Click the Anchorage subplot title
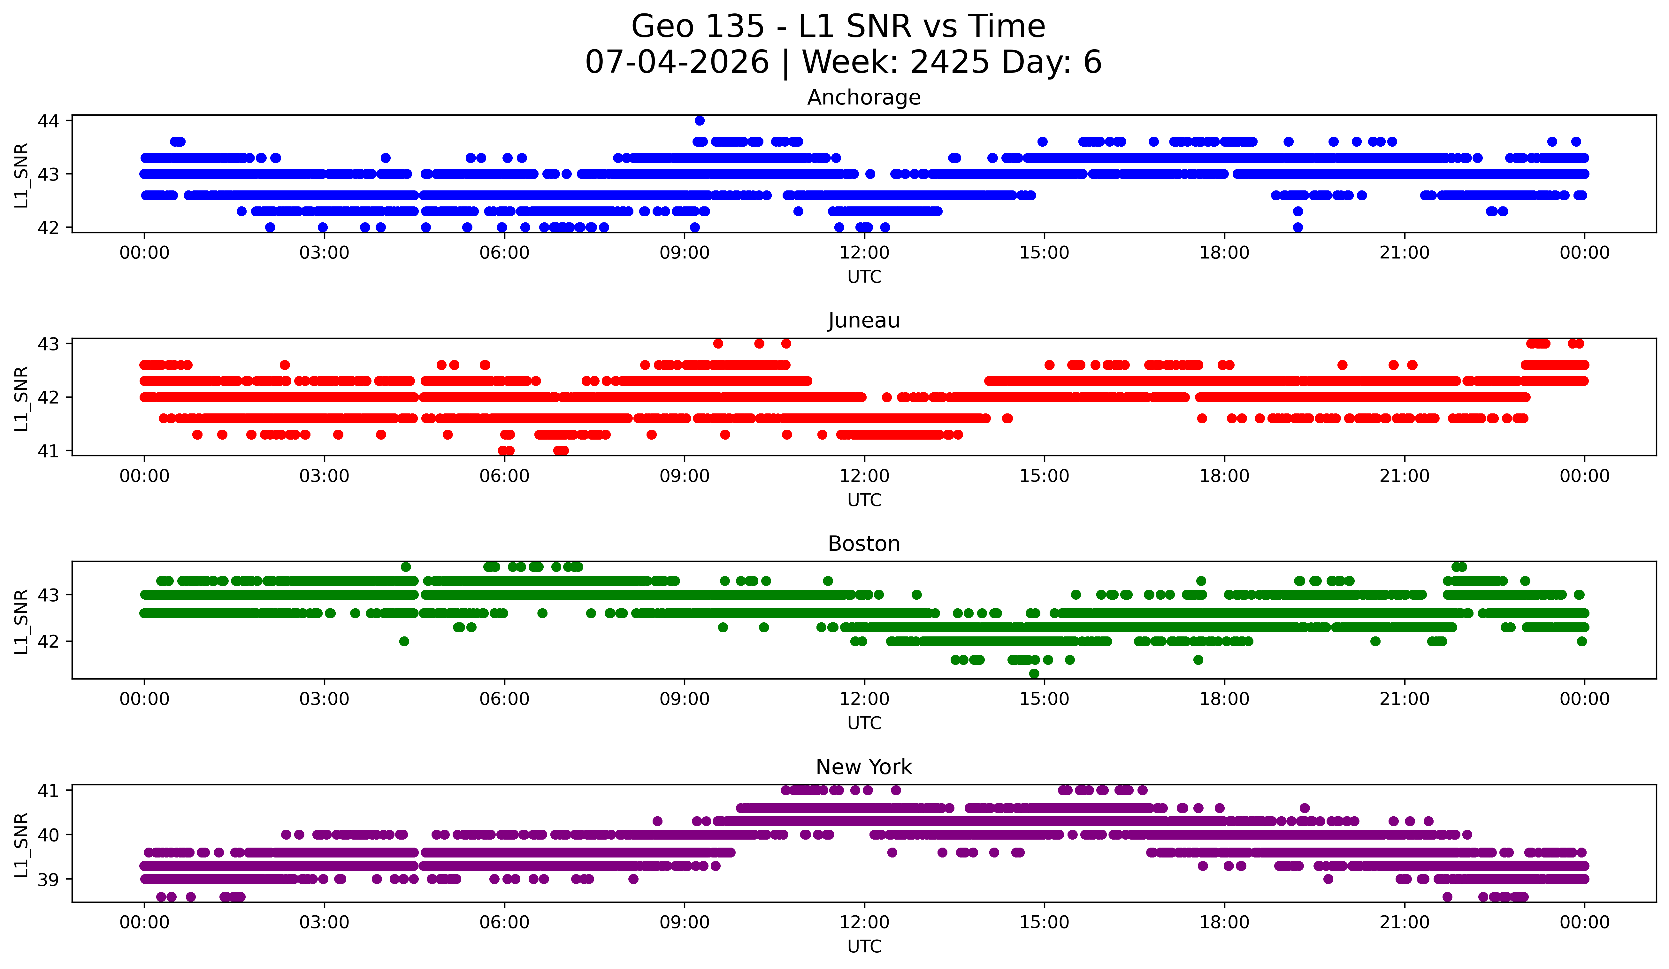point(864,97)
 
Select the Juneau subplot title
point(864,320)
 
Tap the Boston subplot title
point(864,544)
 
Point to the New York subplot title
point(864,767)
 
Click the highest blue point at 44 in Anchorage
point(700,120)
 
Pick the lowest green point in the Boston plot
point(1034,673)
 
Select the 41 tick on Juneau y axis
point(48,451)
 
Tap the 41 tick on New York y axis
point(48,790)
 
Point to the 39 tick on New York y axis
point(48,880)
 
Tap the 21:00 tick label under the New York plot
point(1404,923)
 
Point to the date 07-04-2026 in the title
point(677,62)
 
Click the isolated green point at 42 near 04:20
point(404,641)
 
